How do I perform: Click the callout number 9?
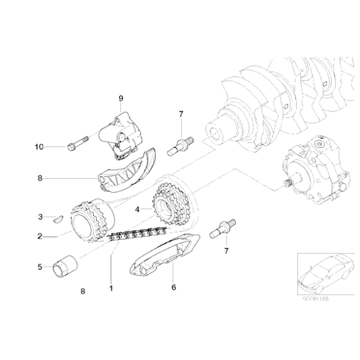pyautogui.click(x=122, y=97)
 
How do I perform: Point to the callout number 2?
pyautogui.click(x=41, y=236)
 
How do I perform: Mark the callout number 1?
pyautogui.click(x=111, y=287)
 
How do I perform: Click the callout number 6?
pyautogui.click(x=174, y=287)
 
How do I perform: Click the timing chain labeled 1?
pyautogui.click(x=133, y=236)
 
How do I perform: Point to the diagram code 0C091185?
pyautogui.click(x=317, y=298)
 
